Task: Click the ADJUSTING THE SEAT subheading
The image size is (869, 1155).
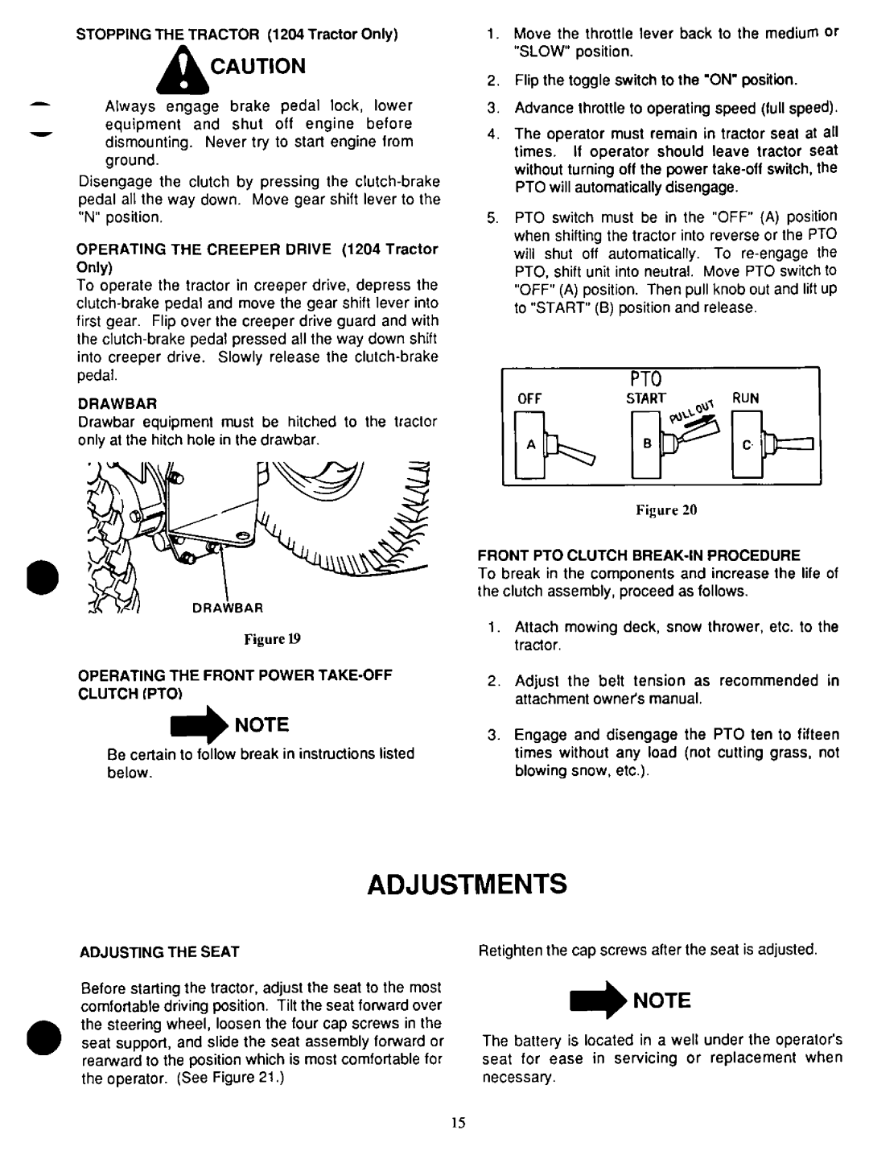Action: pyautogui.click(x=159, y=952)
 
